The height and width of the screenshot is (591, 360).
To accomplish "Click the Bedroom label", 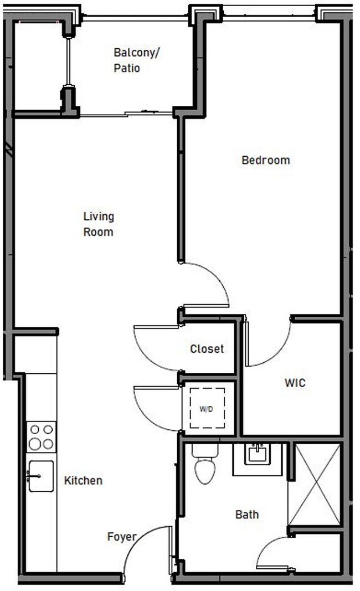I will click(x=265, y=161).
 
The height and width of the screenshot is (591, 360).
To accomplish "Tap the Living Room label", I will click(x=98, y=224).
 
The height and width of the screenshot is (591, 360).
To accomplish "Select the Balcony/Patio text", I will click(x=133, y=60).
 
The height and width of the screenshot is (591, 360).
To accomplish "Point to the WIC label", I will click(x=295, y=383).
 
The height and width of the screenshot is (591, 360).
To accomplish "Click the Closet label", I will click(x=207, y=349).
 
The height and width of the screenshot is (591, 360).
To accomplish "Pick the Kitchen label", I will click(x=83, y=480).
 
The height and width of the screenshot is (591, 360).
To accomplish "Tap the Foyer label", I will click(x=121, y=537).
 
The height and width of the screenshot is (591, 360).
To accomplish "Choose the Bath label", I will click(x=246, y=515).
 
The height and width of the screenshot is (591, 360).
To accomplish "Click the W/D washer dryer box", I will click(x=208, y=409).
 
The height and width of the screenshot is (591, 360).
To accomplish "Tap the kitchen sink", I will click(x=42, y=476).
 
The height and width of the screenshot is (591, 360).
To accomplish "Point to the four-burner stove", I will click(x=42, y=436).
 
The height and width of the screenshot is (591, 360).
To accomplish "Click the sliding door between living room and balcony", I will click(x=127, y=115).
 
